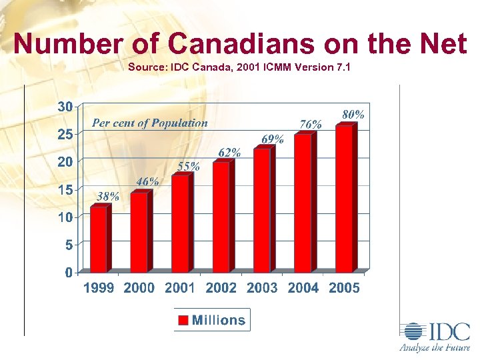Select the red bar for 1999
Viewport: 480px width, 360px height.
[x=99, y=239]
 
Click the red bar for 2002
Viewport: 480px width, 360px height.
[x=221, y=217]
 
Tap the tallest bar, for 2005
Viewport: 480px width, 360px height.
[x=344, y=199]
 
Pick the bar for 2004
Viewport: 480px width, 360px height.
[x=303, y=203]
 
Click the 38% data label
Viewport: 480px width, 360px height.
[x=108, y=196]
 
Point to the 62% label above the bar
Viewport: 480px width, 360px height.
[x=229, y=153]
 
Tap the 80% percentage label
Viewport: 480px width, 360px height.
[x=353, y=115]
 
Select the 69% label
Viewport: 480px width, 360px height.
[x=272, y=139]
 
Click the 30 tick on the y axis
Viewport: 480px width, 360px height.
[x=65, y=107]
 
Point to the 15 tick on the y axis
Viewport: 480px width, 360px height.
[x=65, y=189]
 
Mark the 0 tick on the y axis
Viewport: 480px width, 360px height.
[x=69, y=272]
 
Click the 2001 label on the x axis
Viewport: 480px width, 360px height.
[x=180, y=288]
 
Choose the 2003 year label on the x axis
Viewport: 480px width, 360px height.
[x=262, y=288]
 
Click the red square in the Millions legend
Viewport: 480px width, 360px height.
[x=183, y=320]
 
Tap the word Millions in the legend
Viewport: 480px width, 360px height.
[x=219, y=320]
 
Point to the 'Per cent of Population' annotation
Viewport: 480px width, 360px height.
[x=149, y=123]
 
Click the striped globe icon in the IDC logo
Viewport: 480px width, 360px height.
[x=413, y=332]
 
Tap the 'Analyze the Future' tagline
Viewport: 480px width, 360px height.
[x=435, y=347]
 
